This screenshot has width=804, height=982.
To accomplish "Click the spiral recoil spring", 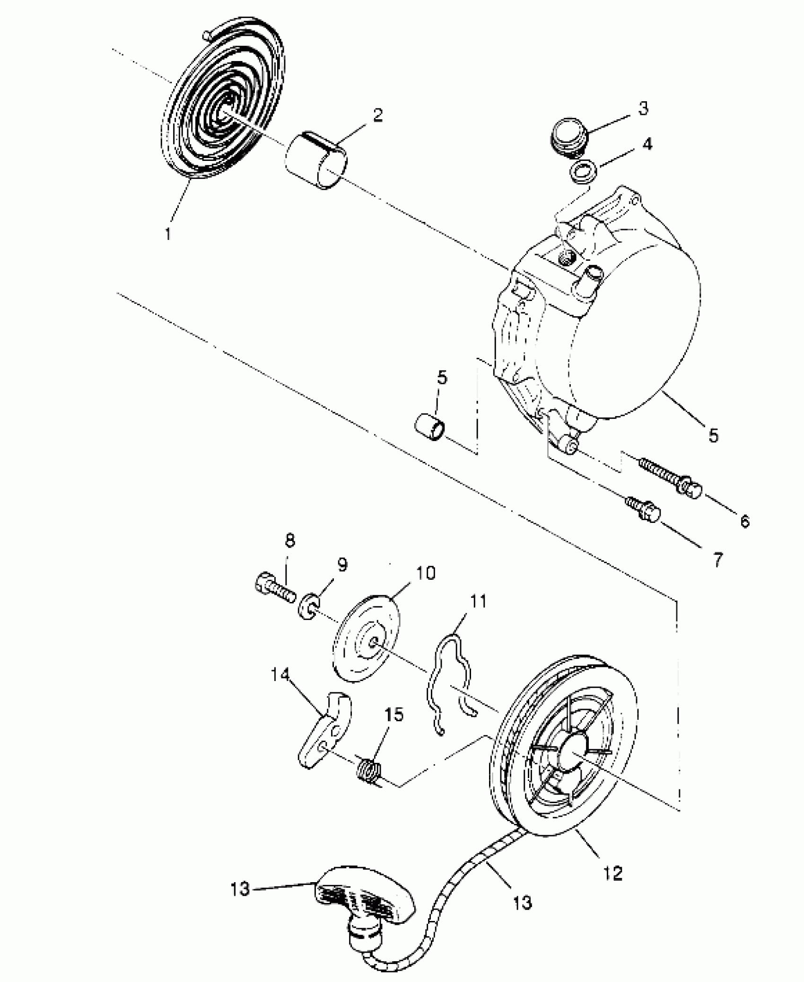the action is click(x=222, y=109).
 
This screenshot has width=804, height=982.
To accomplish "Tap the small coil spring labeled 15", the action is click(x=369, y=770).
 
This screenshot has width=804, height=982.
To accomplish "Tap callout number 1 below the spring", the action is click(x=168, y=233).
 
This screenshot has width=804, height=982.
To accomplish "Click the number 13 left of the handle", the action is click(x=240, y=889).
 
